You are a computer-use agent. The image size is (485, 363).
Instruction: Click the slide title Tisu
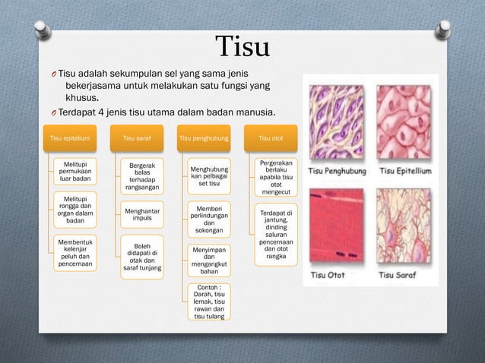[x=242, y=47]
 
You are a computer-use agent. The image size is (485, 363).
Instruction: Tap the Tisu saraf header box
[x=142, y=139]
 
